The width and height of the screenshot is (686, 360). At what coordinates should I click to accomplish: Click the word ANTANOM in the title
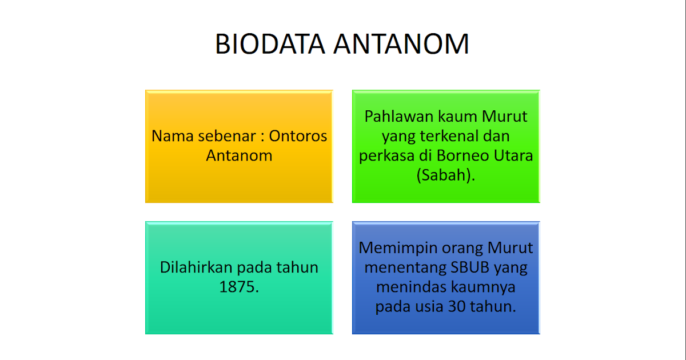pyautogui.click(x=406, y=45)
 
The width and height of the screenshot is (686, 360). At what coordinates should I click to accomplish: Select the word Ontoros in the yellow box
pyautogui.click(x=298, y=137)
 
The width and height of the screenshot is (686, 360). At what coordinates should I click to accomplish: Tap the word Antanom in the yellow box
pyautogui.click(x=239, y=155)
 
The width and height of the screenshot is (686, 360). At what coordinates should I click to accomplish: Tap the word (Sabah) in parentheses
pyautogui.click(x=445, y=175)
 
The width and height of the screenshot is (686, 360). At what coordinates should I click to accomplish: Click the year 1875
pyautogui.click(x=239, y=287)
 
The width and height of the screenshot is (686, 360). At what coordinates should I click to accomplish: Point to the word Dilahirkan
pyautogui.click(x=196, y=267)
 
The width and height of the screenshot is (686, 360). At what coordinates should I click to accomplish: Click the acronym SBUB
pyautogui.click(x=468, y=267)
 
